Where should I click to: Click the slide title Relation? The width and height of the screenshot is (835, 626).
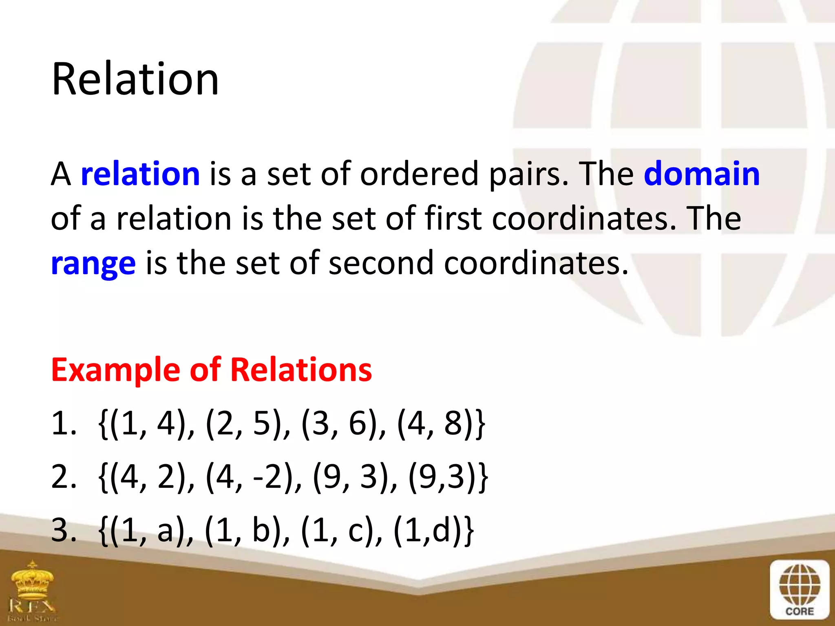tap(135, 79)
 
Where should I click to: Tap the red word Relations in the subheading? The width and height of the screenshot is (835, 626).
tap(301, 370)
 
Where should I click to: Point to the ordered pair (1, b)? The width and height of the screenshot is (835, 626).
tap(247, 531)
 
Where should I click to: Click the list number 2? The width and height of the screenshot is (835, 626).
tap(63, 477)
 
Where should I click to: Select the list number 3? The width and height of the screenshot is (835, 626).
tap(63, 531)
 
